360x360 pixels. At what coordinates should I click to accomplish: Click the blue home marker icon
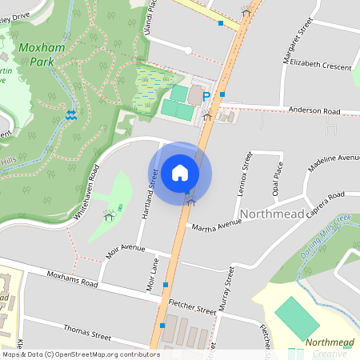pyautogui.click(x=180, y=173)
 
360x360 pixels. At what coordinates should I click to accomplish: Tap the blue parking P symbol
pyautogui.click(x=206, y=97)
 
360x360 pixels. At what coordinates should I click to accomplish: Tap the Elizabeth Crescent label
pyautogui.click(x=321, y=65)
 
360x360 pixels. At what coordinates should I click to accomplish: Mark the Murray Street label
pyautogui.click(x=230, y=287)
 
